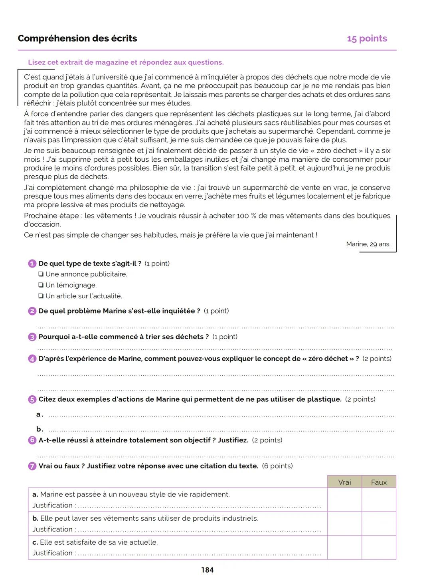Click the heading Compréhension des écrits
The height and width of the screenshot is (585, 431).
click(x=77, y=38)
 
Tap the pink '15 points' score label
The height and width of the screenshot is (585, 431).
click(x=367, y=38)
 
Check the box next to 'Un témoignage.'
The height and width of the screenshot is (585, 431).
click(x=41, y=285)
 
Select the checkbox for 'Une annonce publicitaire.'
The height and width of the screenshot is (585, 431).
click(x=41, y=274)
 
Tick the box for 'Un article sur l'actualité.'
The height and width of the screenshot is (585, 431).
click(x=41, y=296)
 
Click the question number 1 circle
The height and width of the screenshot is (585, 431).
click(x=32, y=264)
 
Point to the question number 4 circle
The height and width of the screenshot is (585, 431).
click(x=32, y=359)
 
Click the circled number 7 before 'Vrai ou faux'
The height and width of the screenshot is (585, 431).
click(x=32, y=466)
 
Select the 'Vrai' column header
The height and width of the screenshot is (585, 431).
click(x=344, y=482)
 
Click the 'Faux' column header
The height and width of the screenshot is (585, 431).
click(x=379, y=482)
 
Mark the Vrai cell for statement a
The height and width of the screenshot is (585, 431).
click(x=344, y=500)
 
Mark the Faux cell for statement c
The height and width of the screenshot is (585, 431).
click(x=379, y=547)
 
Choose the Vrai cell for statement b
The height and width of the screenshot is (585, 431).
click(x=344, y=524)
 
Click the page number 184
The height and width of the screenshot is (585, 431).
click(x=207, y=570)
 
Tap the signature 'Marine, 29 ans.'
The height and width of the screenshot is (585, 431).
click(x=368, y=244)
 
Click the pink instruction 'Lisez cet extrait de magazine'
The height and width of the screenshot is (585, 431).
click(x=125, y=62)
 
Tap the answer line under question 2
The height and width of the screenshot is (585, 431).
click(x=215, y=327)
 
